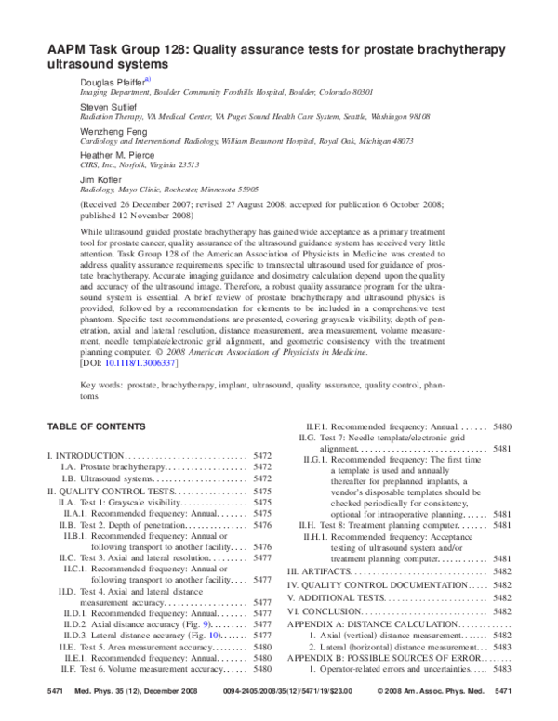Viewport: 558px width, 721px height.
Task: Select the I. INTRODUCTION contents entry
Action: (86, 456)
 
